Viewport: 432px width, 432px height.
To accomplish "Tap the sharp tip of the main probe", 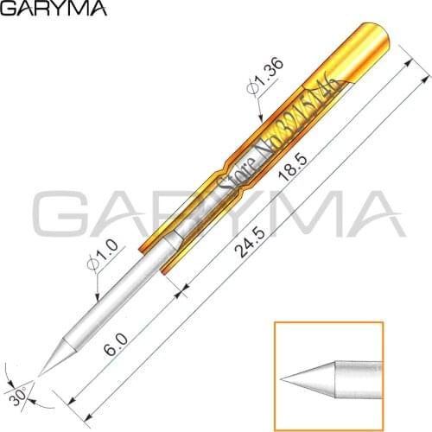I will coord(41,374).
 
